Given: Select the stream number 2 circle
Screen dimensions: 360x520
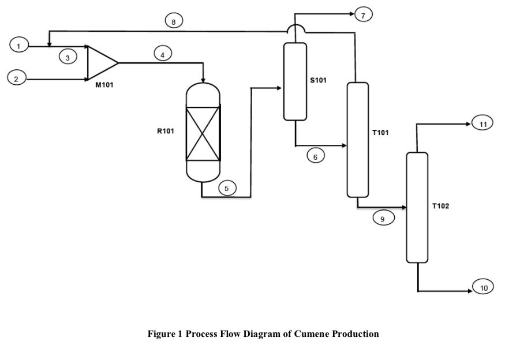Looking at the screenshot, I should tap(17, 79).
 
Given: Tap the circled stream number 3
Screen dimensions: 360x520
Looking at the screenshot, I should tap(68, 58).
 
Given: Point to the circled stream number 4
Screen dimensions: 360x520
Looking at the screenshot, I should tap(163, 55).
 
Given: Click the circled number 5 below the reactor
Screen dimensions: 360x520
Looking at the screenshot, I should tap(227, 188).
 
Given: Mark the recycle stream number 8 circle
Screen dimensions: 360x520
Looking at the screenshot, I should tap(174, 22).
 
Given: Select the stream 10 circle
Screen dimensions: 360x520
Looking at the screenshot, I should tap(483, 287).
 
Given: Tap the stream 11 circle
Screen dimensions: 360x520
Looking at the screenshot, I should tap(482, 123).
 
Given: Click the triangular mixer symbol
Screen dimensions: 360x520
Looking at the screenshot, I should tap(100, 62).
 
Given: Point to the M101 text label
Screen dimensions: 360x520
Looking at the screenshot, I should tap(105, 85).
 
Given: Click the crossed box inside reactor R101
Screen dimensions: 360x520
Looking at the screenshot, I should tap(203, 133).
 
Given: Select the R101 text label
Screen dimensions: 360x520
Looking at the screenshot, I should tap(166, 131).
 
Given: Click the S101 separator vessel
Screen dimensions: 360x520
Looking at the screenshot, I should tap(294, 81).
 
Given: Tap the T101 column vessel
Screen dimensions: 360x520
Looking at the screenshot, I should tap(357, 140).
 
